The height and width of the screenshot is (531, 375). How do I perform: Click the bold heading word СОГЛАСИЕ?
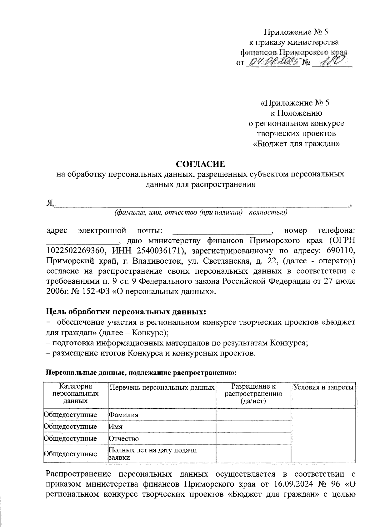point(200,164)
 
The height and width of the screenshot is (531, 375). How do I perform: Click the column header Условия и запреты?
point(323,388)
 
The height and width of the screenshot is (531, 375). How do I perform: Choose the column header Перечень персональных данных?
point(162,388)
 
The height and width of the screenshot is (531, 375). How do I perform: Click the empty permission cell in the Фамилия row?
point(253,415)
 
